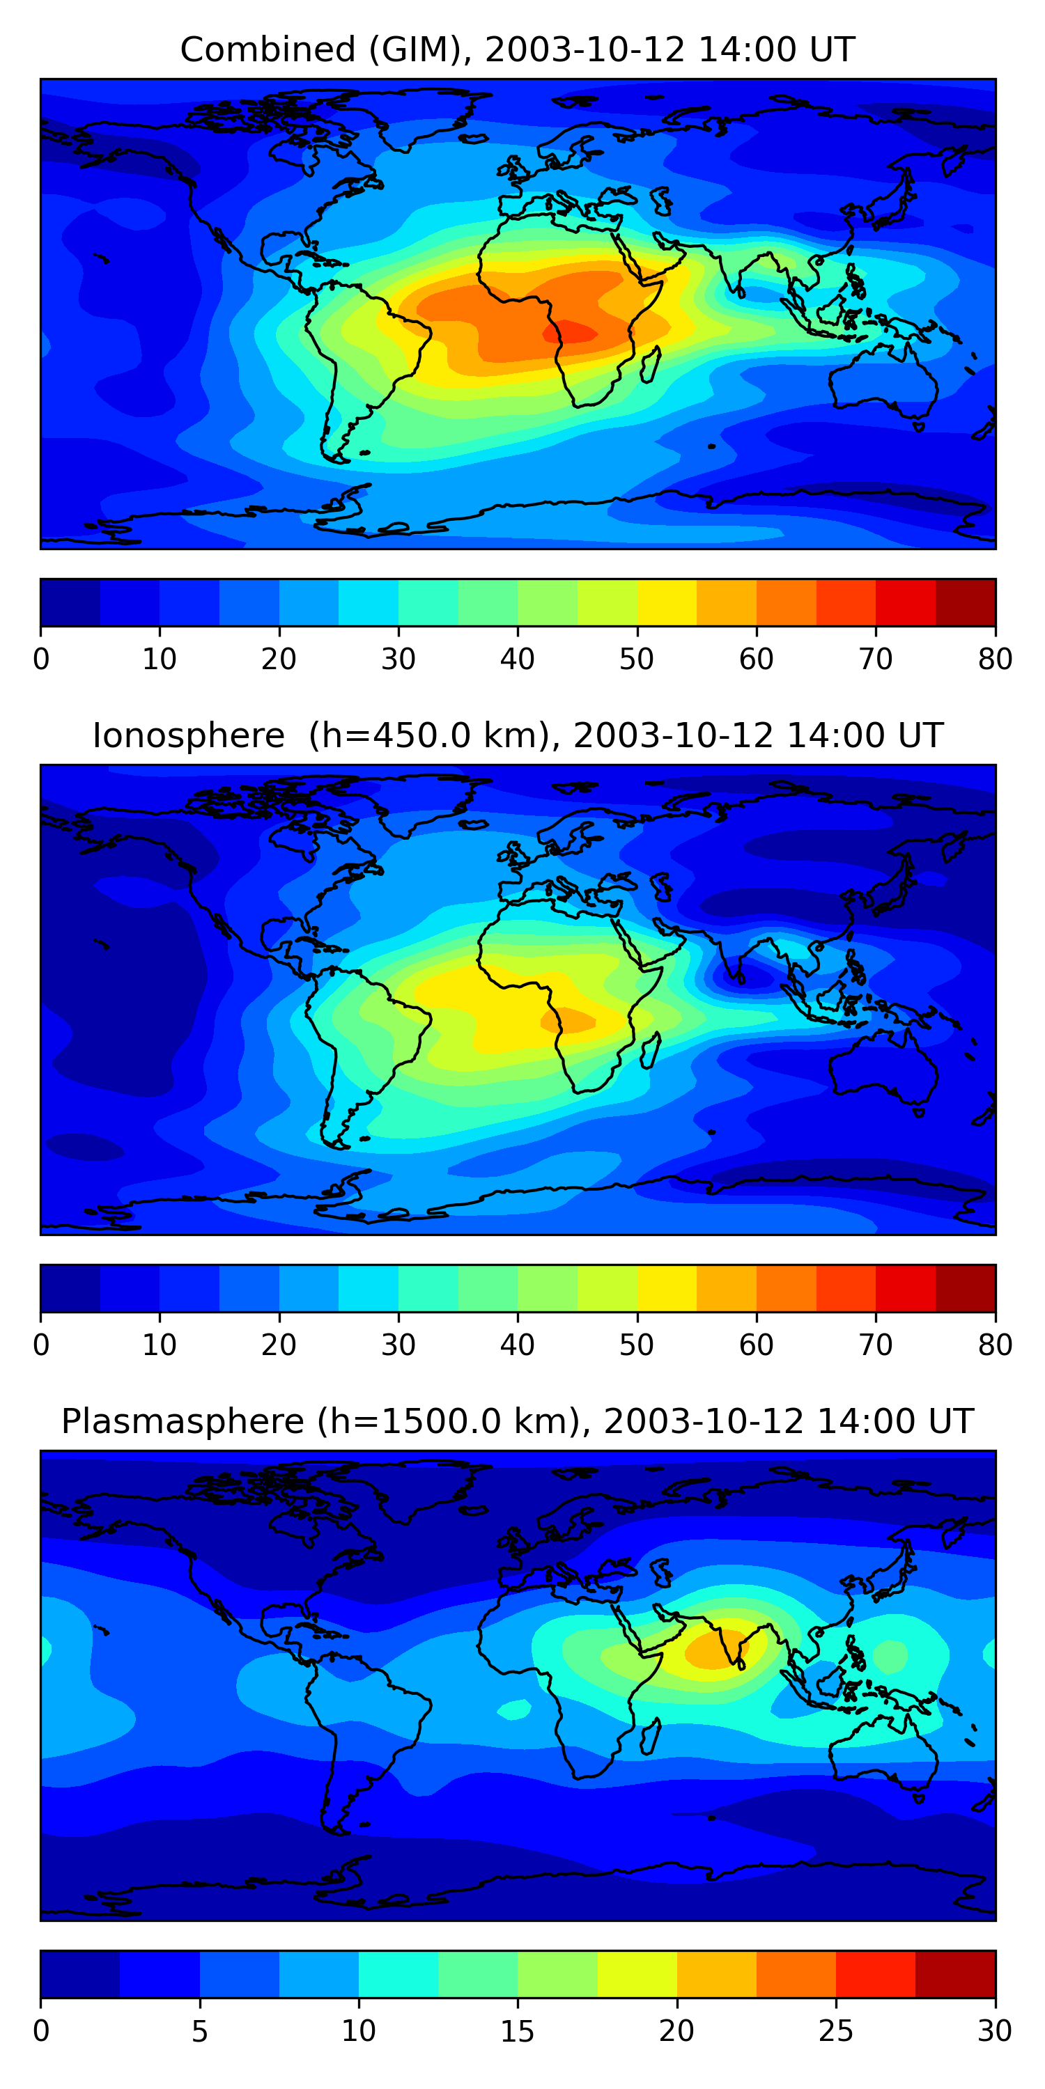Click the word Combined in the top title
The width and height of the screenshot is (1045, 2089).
[x=267, y=49]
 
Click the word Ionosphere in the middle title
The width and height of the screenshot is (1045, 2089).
[x=188, y=735]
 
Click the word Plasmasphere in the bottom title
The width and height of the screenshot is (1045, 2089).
[x=182, y=1422]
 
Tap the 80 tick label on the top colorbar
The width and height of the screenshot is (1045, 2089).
[x=995, y=659]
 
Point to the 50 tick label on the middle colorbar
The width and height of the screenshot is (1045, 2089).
[x=637, y=1345]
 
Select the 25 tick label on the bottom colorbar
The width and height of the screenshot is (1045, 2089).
[x=836, y=2031]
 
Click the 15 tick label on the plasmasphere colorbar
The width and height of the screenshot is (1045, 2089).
[x=518, y=2031]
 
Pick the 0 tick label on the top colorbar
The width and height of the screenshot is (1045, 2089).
[x=41, y=659]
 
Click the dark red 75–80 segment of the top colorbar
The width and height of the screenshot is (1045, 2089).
[x=966, y=602]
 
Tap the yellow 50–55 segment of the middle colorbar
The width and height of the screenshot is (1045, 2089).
[x=667, y=1289]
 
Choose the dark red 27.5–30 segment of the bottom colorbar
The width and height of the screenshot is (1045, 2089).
[x=955, y=1975]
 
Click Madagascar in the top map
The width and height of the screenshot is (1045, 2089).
[x=650, y=364]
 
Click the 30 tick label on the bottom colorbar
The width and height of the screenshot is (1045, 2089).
[x=995, y=2031]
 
